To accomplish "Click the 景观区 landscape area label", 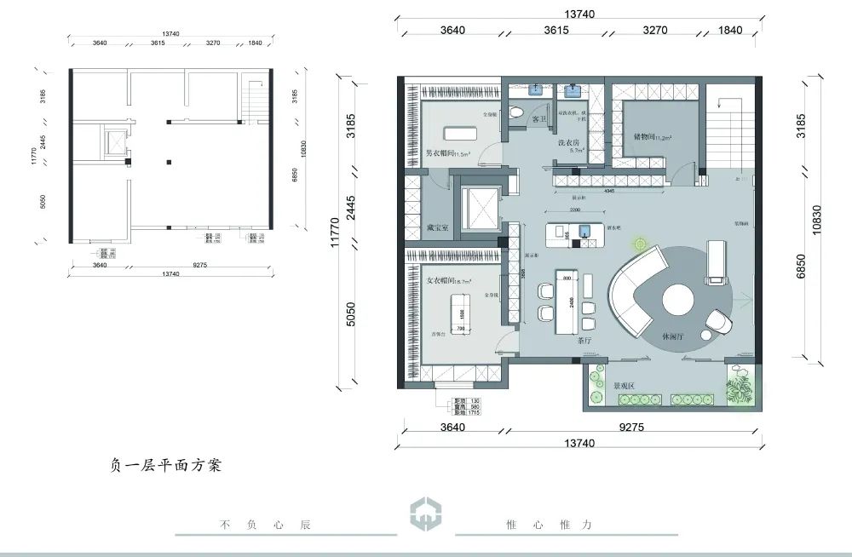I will [x=605, y=385].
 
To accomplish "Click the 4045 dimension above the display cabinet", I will [x=609, y=192].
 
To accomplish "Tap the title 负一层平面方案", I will [x=165, y=465].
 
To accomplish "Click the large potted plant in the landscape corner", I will [x=739, y=389].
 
